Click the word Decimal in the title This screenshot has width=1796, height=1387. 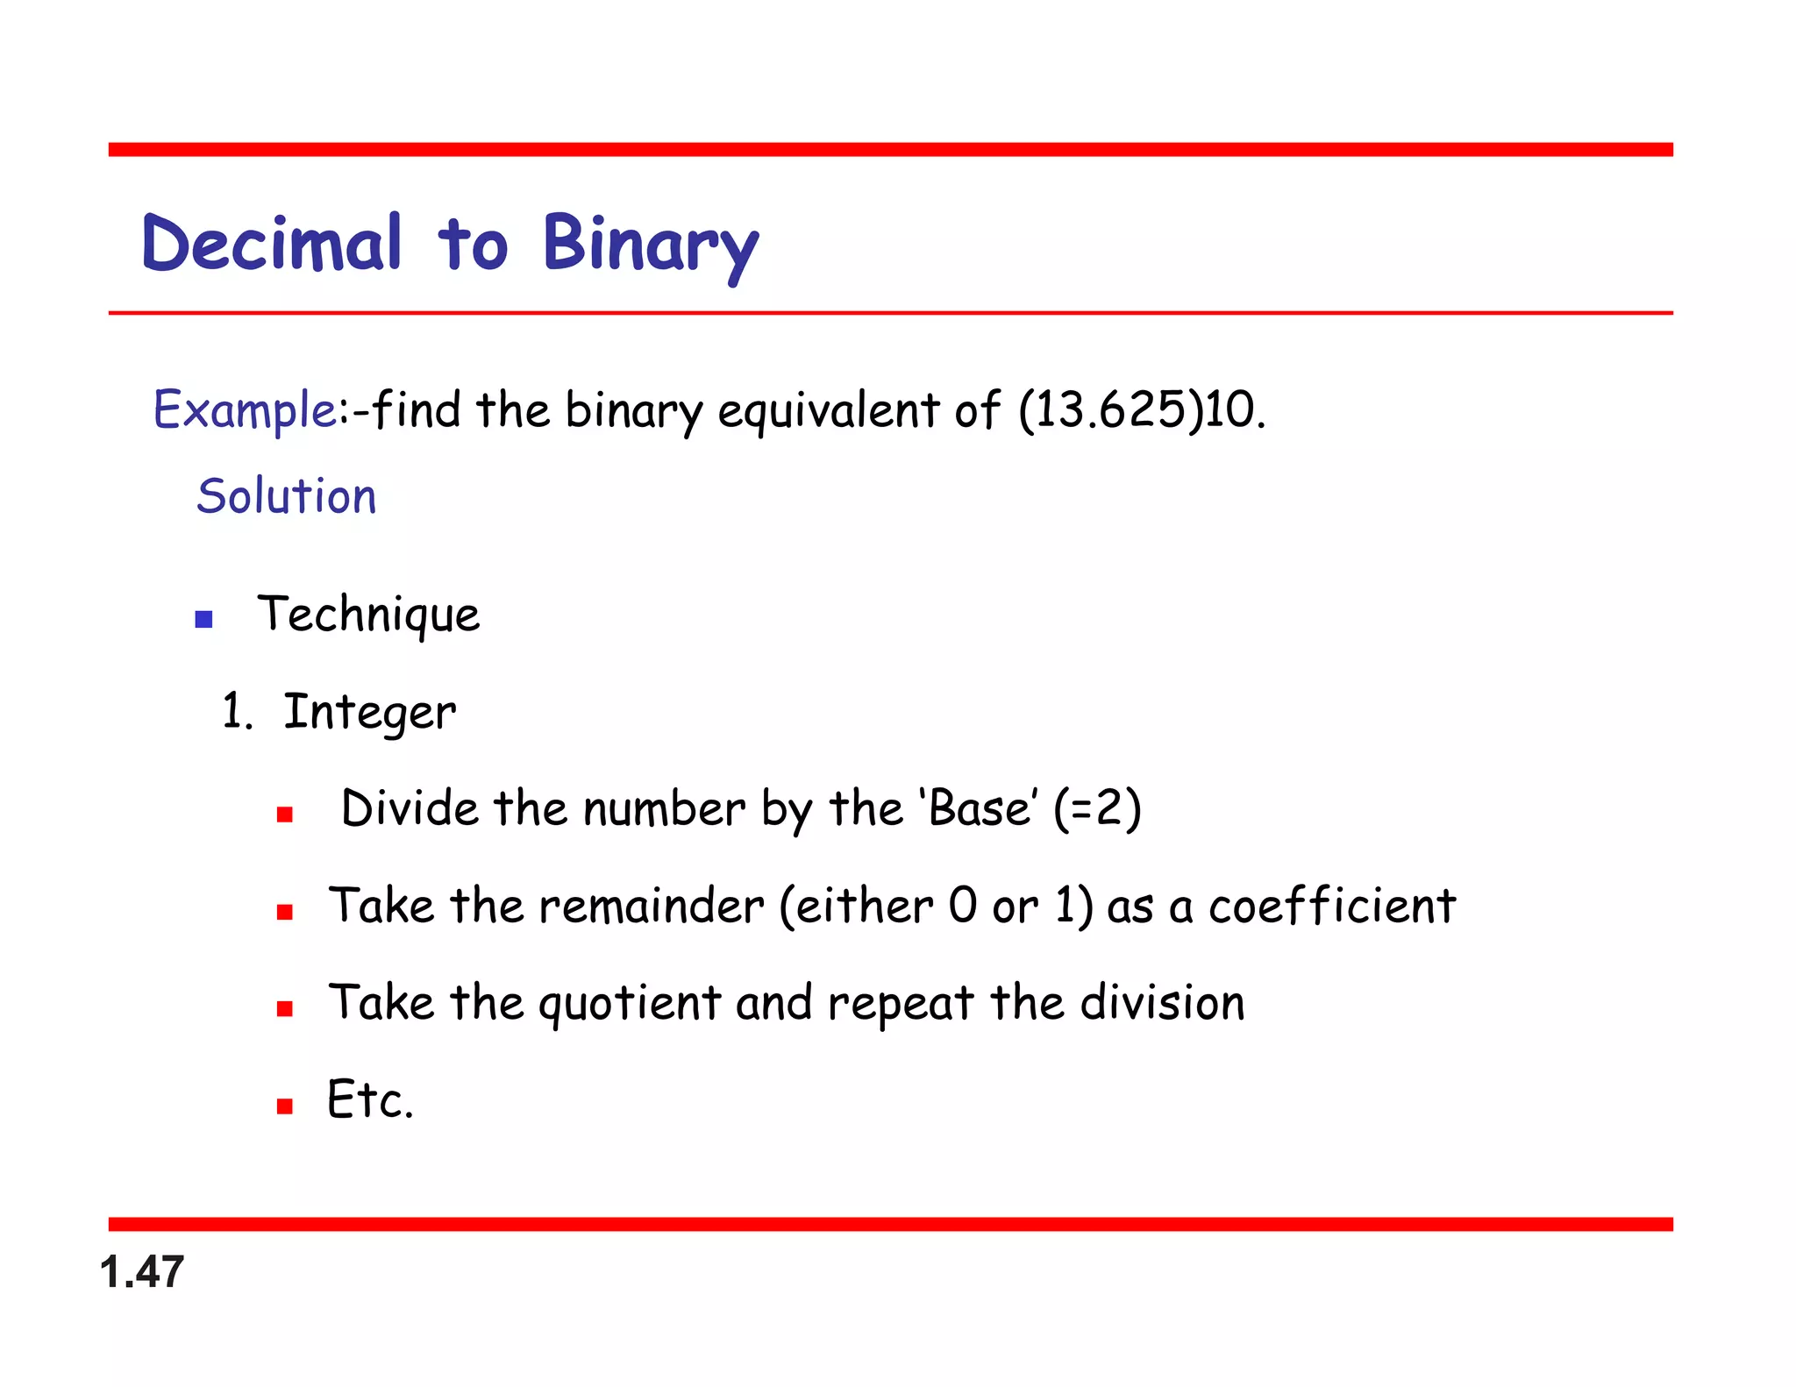click(272, 243)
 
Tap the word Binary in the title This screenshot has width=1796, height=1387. click(650, 245)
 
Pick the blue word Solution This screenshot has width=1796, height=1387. click(287, 496)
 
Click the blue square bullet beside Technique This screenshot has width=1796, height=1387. click(204, 620)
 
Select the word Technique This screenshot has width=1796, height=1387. click(368, 615)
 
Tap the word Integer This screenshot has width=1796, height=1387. click(369, 712)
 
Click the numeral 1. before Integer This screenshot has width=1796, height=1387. click(236, 711)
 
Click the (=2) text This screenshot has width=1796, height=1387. click(1097, 807)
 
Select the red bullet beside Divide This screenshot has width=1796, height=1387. click(284, 815)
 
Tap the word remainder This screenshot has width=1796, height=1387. click(652, 906)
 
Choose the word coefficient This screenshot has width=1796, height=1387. click(1332, 906)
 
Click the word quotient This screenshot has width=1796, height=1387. click(630, 1003)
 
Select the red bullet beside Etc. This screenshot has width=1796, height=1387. click(284, 1106)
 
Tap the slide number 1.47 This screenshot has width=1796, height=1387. click(142, 1272)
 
